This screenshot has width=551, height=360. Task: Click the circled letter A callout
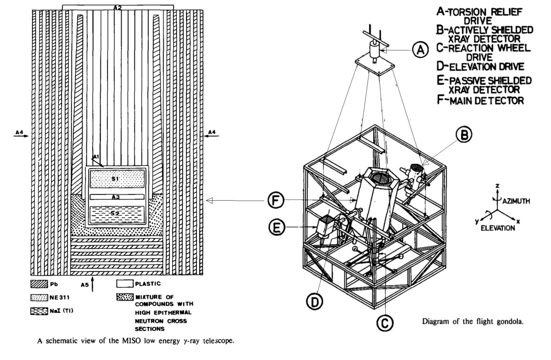pos(419,49)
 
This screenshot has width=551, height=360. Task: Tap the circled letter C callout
pos(384,323)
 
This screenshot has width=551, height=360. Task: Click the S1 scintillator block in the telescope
pos(118,178)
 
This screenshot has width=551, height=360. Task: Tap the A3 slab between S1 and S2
pos(118,197)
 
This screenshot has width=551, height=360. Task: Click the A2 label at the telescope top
pos(118,7)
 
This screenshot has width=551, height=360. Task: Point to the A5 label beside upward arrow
pos(84,285)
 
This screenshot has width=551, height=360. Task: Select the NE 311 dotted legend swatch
pos(37,297)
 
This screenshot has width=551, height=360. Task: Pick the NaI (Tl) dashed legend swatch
pos(37,311)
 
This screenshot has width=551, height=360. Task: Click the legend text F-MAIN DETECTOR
pos(480,100)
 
